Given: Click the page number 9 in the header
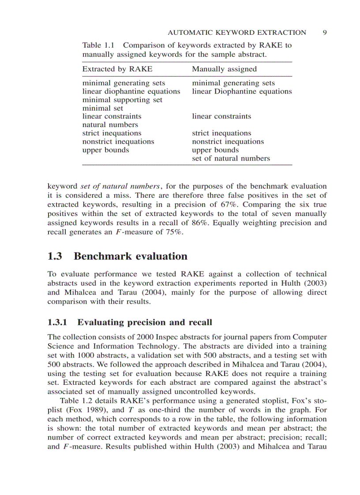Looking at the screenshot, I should [324, 32].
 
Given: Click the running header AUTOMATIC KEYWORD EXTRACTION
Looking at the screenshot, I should [237, 32].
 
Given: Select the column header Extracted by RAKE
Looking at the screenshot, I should [117, 69].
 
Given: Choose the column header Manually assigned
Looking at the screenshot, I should [224, 69].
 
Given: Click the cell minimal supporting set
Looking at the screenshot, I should [122, 100].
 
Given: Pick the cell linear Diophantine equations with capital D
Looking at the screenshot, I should [242, 91].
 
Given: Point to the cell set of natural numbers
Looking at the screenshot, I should [231, 158].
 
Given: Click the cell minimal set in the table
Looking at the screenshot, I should [103, 108].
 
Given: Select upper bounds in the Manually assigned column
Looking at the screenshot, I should [215, 150].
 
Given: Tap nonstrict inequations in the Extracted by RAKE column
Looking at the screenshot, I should [118, 141].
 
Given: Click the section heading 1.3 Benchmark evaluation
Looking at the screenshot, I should [117, 256].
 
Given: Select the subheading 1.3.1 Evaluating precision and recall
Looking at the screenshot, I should [130, 322].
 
